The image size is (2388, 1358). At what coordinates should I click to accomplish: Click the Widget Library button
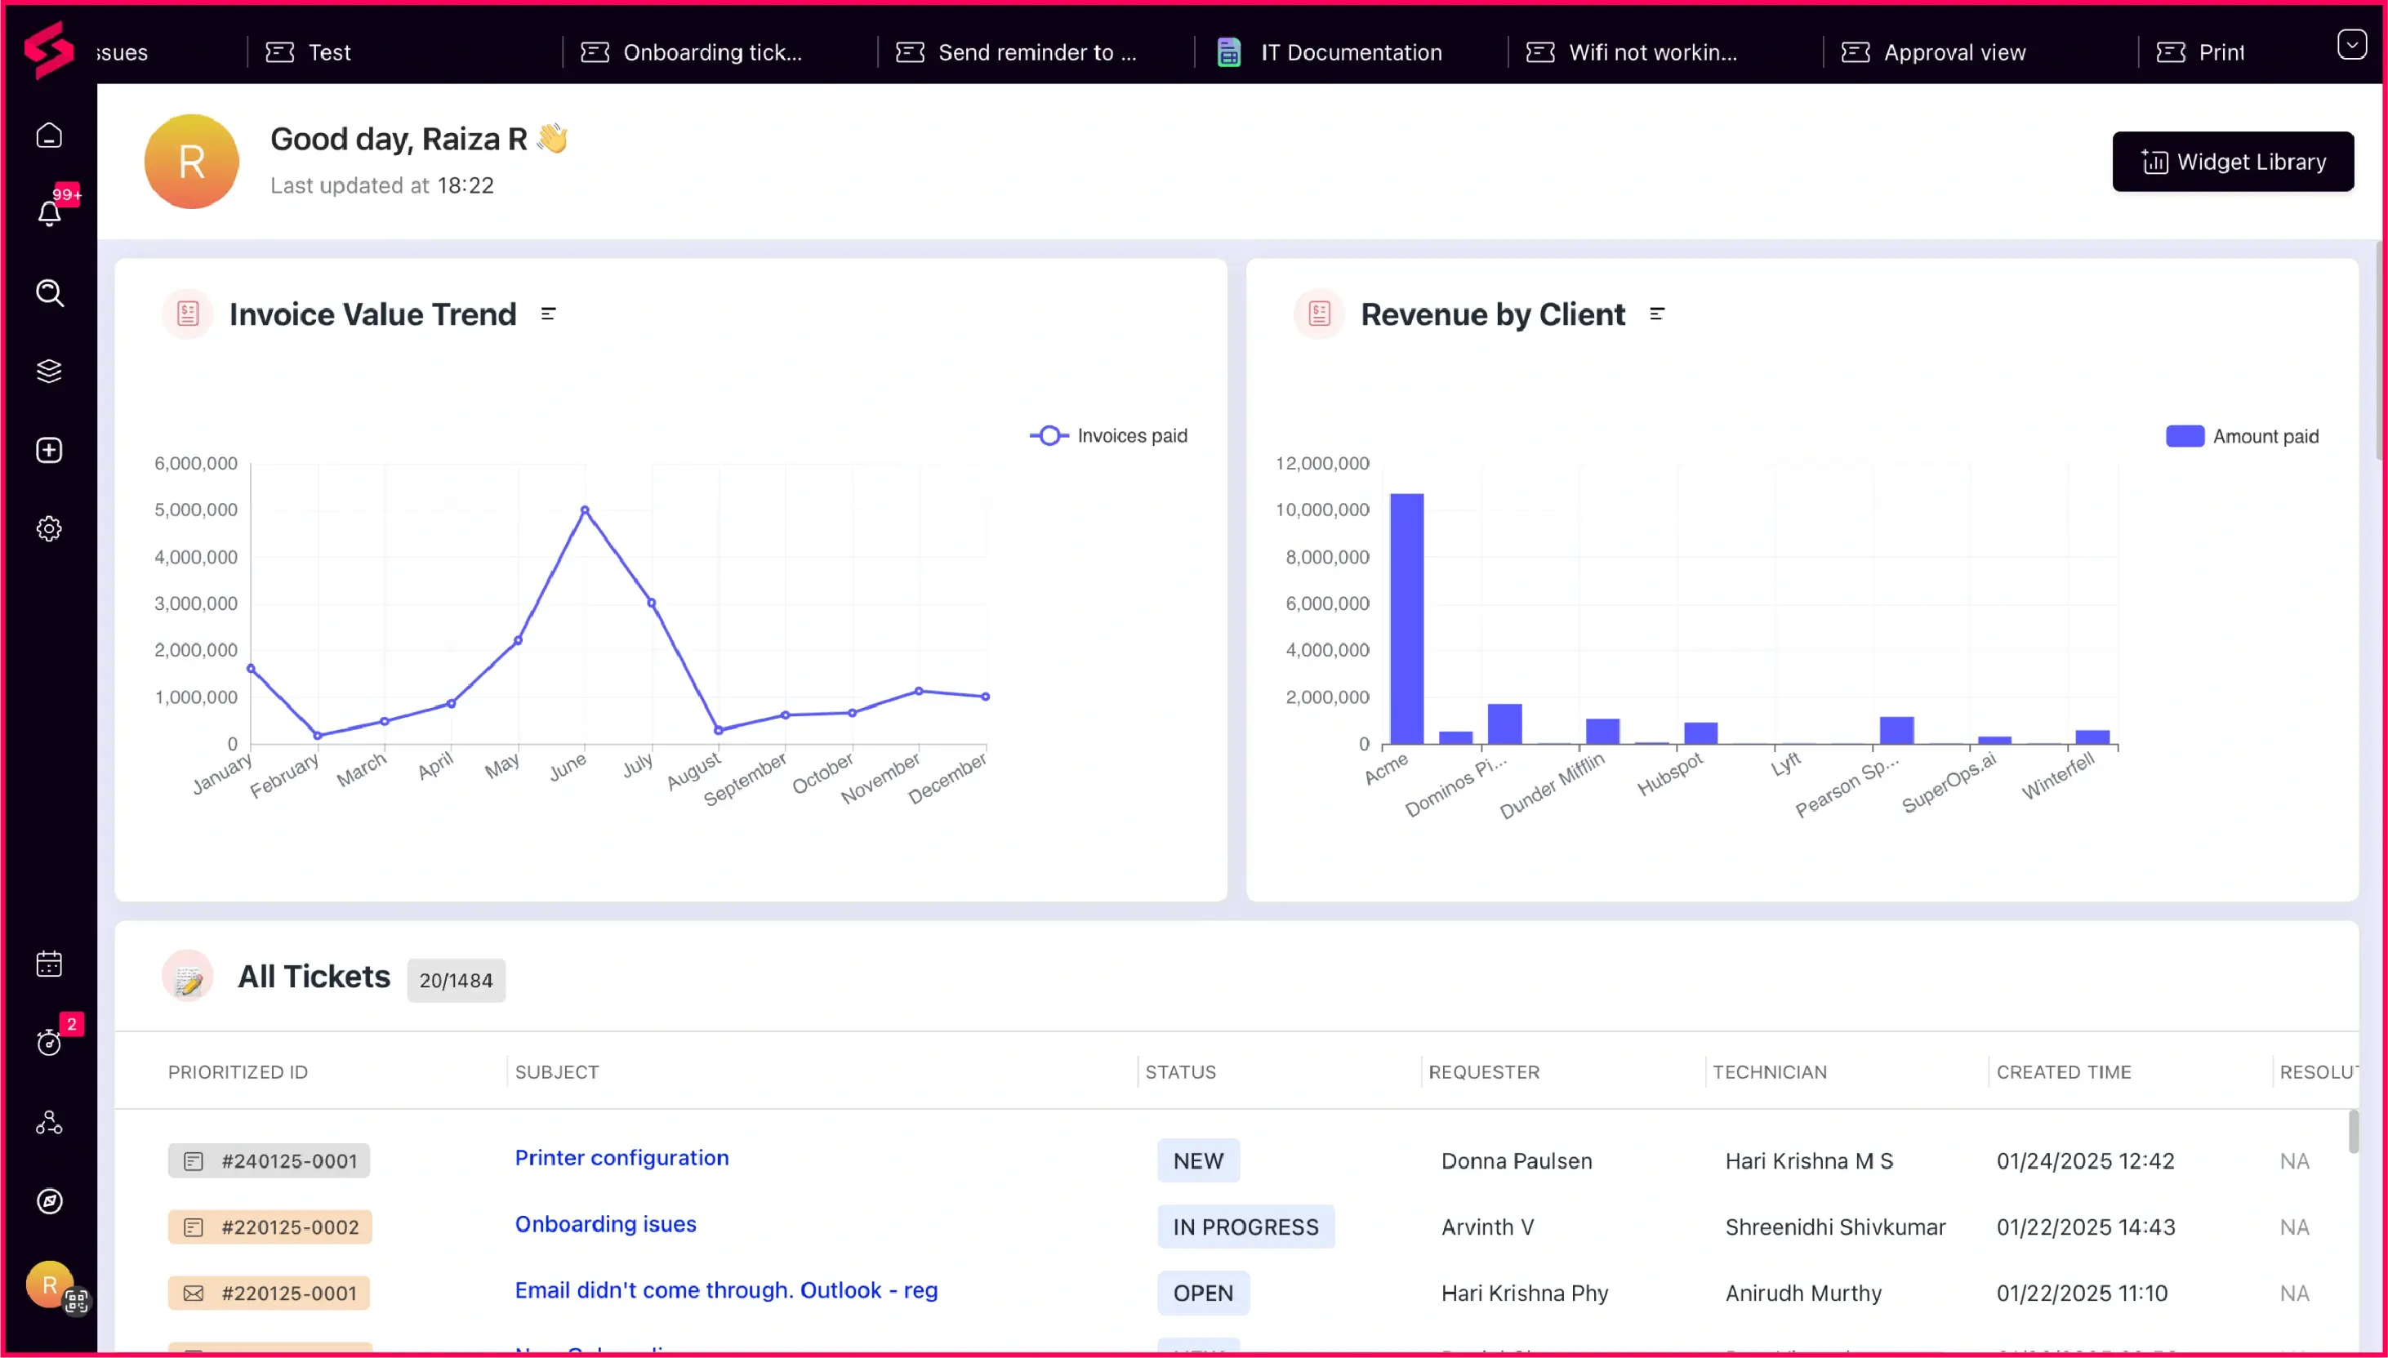(x=2232, y=162)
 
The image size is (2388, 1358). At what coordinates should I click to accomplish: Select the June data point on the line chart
(x=585, y=510)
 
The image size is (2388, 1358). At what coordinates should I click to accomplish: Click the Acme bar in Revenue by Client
(x=1406, y=618)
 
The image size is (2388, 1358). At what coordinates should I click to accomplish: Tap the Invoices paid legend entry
(x=1109, y=435)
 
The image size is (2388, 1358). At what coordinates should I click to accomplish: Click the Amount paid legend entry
(x=2242, y=437)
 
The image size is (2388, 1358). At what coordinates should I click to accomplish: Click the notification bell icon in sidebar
(x=50, y=212)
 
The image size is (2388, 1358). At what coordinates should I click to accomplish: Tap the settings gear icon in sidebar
(x=50, y=529)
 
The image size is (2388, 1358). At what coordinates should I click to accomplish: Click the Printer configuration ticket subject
(x=622, y=1157)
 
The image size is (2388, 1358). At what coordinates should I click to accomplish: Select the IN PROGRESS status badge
(x=1245, y=1227)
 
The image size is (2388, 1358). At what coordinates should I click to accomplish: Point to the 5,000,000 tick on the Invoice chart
(x=196, y=510)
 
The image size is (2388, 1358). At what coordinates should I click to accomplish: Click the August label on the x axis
(x=694, y=772)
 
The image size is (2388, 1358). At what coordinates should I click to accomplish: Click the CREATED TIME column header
(x=2064, y=1071)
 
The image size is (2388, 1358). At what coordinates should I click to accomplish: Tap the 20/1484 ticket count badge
(x=457, y=980)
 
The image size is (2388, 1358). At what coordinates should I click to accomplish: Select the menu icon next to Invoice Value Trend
(x=549, y=314)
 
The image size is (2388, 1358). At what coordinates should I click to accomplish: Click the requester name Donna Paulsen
(x=1517, y=1161)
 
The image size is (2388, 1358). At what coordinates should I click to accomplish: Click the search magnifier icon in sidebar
(x=50, y=293)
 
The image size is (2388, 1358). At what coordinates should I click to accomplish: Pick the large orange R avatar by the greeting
(x=192, y=162)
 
